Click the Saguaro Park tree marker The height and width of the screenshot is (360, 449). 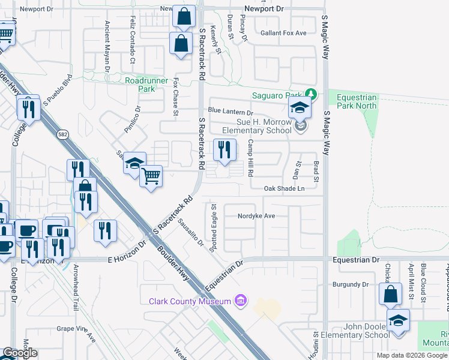tap(310, 94)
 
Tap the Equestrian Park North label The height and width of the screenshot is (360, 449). tap(357, 101)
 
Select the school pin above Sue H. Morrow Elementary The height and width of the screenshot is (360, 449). tap(298, 109)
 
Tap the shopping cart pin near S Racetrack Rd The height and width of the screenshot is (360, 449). tap(151, 176)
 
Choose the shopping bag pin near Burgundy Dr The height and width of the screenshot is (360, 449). tap(390, 294)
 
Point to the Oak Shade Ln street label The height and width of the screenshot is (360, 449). tap(285, 188)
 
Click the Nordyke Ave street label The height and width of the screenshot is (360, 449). tap(256, 216)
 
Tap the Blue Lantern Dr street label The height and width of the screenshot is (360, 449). tap(231, 112)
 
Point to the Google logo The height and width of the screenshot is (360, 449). tap(20, 353)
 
